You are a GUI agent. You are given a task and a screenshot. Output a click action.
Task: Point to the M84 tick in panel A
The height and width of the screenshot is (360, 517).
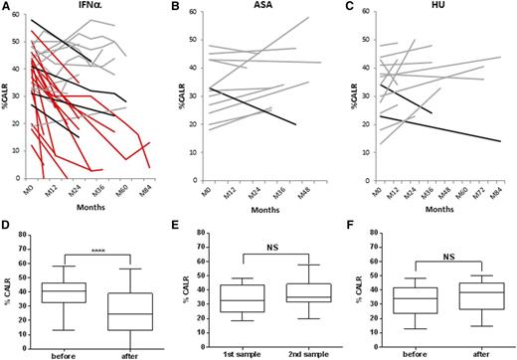click(x=149, y=190)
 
